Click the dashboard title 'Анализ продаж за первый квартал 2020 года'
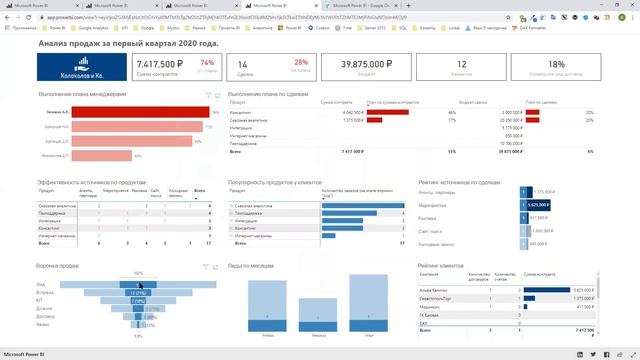click(128, 45)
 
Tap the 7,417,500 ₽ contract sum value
click(158, 64)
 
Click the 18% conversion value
click(556, 64)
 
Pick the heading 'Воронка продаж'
click(60, 266)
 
